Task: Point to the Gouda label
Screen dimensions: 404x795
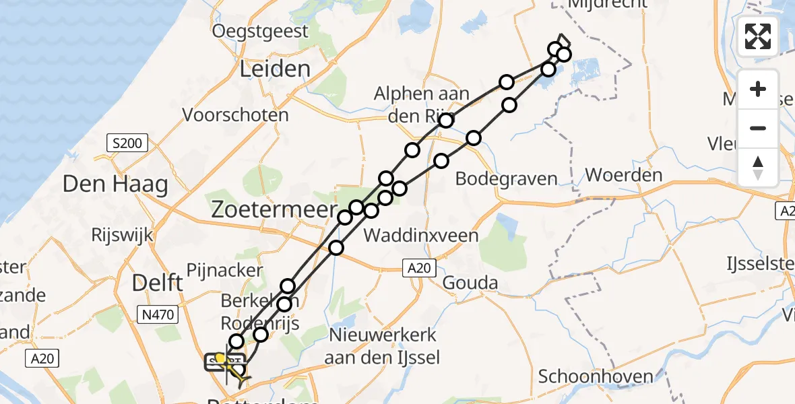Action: tap(470, 283)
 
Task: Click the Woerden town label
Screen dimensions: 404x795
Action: tap(624, 176)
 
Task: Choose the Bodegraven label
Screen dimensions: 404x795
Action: tap(507, 179)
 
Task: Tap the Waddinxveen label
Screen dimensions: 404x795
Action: tap(421, 236)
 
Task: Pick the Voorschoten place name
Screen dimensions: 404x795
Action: tap(236, 115)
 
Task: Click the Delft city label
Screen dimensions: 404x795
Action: tap(158, 283)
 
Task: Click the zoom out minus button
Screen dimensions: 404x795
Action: tap(758, 128)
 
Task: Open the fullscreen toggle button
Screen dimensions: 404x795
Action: tap(758, 36)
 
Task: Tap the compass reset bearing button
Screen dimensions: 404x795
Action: tap(758, 167)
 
